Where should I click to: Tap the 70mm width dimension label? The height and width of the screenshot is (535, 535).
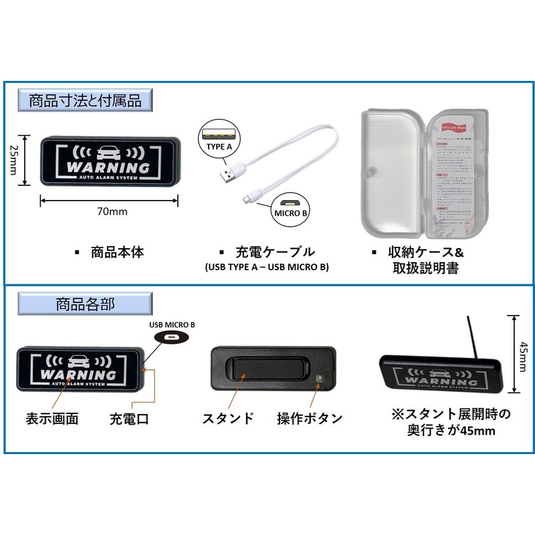coord(111,211)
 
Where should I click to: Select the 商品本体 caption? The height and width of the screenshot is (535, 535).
coord(118,253)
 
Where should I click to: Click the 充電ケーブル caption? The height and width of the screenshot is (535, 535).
coord(275,253)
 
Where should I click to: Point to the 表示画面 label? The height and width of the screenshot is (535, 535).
coord(52,419)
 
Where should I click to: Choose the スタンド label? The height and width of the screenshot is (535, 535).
coord(228,419)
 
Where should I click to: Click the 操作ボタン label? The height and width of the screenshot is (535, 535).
coord(310,419)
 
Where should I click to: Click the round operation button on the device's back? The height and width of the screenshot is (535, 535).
coord(320,379)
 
